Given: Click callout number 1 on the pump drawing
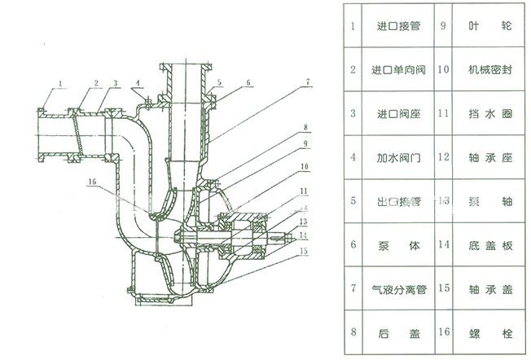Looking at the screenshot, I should pyautogui.click(x=60, y=82).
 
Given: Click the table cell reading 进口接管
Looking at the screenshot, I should pyautogui.click(x=397, y=25).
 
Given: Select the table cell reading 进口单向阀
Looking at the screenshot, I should pyautogui.click(x=397, y=69).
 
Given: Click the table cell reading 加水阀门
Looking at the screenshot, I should pyautogui.click(x=397, y=156).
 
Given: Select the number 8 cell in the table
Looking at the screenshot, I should pyautogui.click(x=353, y=333).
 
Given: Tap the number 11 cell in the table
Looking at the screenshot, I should pyautogui.click(x=443, y=113).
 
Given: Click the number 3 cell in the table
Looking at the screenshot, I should pyautogui.click(x=353, y=113).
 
